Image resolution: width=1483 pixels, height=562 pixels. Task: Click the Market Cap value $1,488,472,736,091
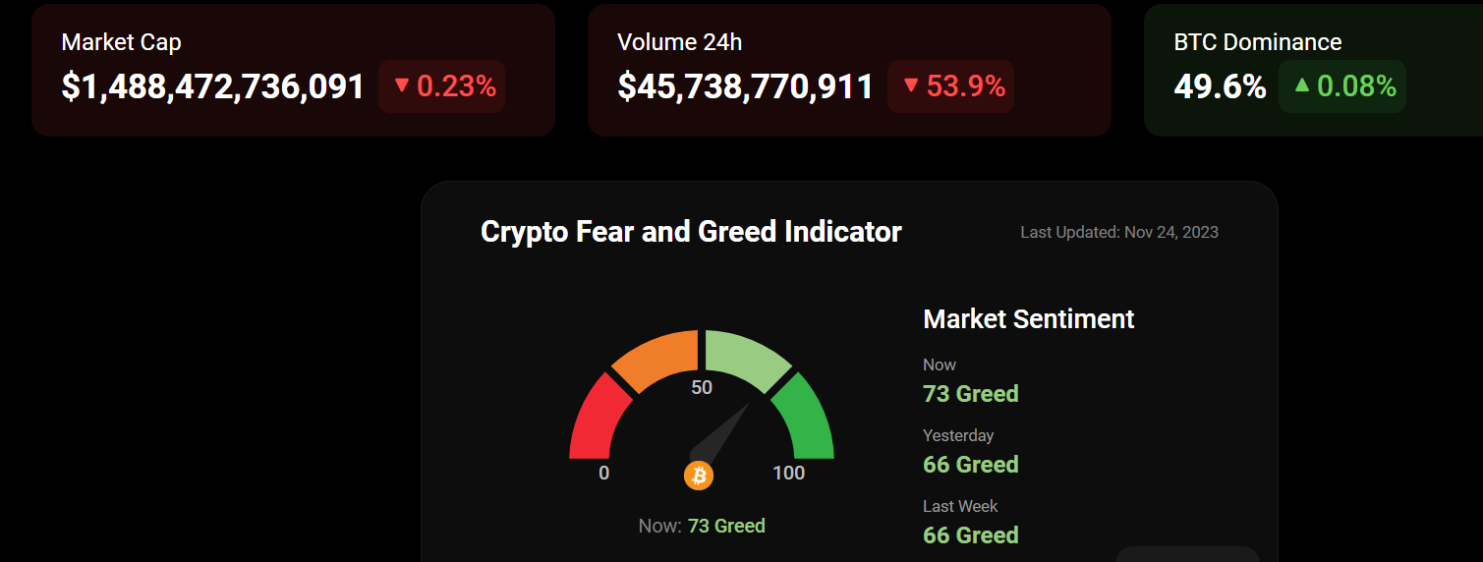[212, 86]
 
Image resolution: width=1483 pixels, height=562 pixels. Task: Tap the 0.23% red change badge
[442, 86]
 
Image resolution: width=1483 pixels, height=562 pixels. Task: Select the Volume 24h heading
[679, 42]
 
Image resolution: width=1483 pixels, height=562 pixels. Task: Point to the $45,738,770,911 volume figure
[745, 86]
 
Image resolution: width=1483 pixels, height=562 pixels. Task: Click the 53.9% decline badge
[951, 86]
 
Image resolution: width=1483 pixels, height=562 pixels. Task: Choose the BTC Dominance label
[1257, 42]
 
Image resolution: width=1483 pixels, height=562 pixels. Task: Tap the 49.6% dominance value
[1220, 86]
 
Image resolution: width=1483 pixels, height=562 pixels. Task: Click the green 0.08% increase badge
[1342, 86]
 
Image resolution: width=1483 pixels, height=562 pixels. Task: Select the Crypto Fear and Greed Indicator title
[691, 232]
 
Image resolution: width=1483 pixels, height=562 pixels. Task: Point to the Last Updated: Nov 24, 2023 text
[1119, 233]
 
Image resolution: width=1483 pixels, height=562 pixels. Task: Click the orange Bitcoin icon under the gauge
[699, 476]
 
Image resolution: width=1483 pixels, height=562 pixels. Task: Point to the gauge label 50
[702, 387]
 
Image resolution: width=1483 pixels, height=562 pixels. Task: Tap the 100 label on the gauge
[788, 474]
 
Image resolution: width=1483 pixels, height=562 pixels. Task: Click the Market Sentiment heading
[1029, 319]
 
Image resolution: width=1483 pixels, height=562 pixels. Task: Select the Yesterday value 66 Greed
[971, 464]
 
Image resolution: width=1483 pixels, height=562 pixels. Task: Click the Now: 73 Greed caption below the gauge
[702, 526]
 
